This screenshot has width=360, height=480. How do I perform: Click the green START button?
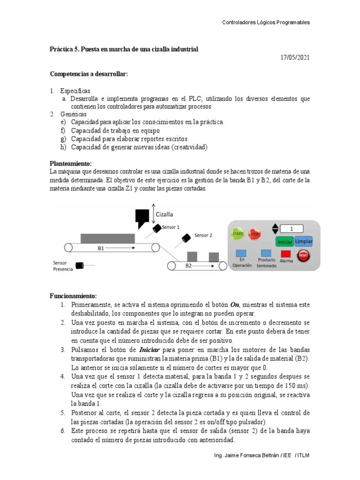(238, 233)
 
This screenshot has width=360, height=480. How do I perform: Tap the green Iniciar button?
(285, 242)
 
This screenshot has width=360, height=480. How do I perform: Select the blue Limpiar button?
(304, 241)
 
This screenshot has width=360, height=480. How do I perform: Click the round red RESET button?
(304, 255)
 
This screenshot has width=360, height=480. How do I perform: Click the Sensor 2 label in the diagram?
(203, 235)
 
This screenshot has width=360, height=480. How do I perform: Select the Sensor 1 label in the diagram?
(171, 227)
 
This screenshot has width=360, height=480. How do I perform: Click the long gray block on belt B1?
(110, 239)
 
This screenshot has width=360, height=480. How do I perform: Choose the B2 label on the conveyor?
(188, 266)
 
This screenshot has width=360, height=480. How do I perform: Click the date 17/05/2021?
(295, 58)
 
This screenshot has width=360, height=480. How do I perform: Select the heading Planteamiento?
(71, 164)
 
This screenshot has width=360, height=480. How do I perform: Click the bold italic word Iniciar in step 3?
(150, 350)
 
